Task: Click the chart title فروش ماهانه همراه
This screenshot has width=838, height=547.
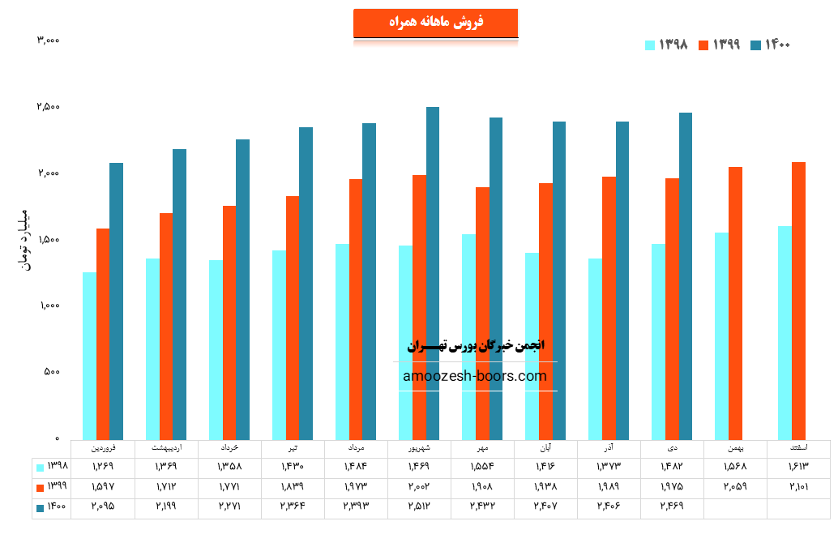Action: pyautogui.click(x=435, y=23)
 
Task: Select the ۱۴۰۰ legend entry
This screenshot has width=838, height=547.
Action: pyautogui.click(x=770, y=45)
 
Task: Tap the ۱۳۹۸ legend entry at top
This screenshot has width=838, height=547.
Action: pyautogui.click(x=666, y=45)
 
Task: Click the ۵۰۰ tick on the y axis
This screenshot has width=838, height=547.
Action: pyautogui.click(x=51, y=372)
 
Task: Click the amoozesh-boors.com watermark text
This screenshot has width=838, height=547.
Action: pyautogui.click(x=475, y=376)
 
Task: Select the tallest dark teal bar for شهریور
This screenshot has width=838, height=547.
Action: pyautogui.click(x=433, y=272)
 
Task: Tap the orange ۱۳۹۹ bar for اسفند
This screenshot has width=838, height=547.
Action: pyautogui.click(x=799, y=300)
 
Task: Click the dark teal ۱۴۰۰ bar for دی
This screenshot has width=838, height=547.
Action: pyautogui.click(x=686, y=276)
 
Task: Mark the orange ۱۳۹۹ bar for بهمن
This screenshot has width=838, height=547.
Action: pyautogui.click(x=736, y=302)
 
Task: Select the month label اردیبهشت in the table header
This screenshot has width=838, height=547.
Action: pyautogui.click(x=167, y=447)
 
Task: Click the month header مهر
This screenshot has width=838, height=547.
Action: pyautogui.click(x=483, y=447)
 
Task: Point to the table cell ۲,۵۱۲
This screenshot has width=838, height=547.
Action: pyautogui.click(x=420, y=506)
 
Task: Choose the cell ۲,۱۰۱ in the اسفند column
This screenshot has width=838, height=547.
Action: pyautogui.click(x=798, y=486)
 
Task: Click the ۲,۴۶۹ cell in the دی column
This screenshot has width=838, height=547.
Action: pyautogui.click(x=673, y=506)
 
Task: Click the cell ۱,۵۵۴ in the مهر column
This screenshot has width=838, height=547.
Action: pyautogui.click(x=483, y=466)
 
